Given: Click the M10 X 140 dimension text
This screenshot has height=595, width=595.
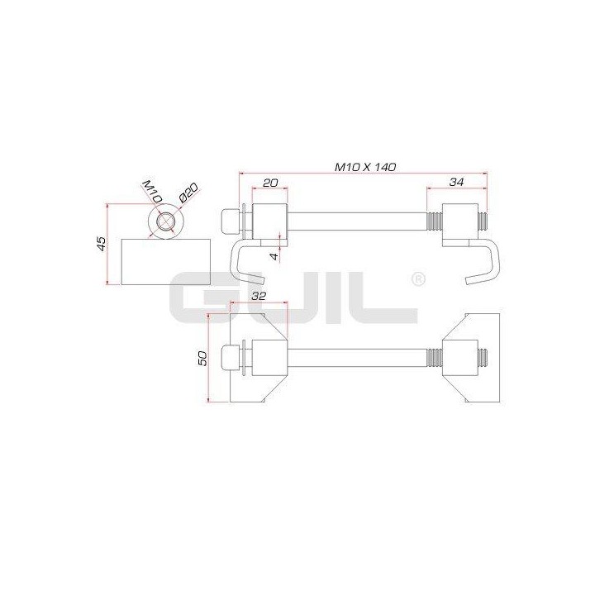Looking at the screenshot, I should (x=365, y=166).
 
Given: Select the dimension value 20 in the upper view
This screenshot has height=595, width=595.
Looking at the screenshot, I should (x=270, y=182).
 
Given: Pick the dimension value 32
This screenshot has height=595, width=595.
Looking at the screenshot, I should (x=258, y=295).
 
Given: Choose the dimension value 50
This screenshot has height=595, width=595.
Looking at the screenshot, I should (x=203, y=358).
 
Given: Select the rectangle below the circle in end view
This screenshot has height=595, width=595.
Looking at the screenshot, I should (x=165, y=261).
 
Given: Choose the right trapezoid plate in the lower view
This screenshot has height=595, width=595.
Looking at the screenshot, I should (x=470, y=359).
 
